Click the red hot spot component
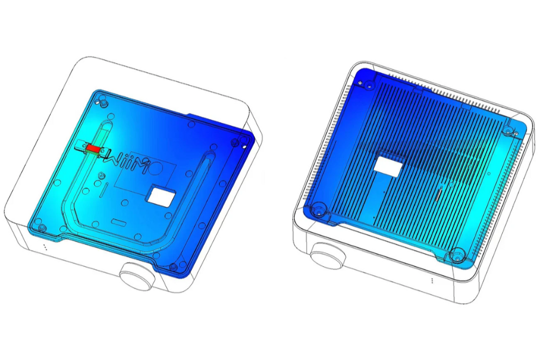click(x=93, y=148)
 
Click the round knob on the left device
click(x=137, y=276)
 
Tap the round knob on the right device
click(x=328, y=256)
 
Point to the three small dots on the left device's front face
click(x=45, y=247)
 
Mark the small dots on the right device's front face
click(x=432, y=281)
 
